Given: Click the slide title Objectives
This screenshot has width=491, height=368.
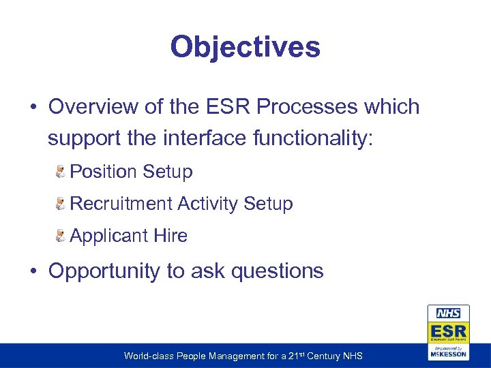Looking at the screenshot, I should point(245,48).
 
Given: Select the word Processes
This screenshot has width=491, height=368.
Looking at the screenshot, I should point(301,107).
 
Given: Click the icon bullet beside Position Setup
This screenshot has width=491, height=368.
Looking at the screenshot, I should point(61,172).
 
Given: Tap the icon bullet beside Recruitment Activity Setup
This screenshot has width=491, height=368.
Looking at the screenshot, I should point(61,204).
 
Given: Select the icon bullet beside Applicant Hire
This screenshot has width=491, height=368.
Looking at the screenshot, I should point(61,236).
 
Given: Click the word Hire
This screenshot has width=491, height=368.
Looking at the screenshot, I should point(170,236).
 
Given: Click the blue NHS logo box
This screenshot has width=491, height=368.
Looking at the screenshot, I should point(448,314).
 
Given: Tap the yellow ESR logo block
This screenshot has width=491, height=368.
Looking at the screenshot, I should point(448,332).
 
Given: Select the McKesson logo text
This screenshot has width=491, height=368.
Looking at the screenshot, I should point(448,354).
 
